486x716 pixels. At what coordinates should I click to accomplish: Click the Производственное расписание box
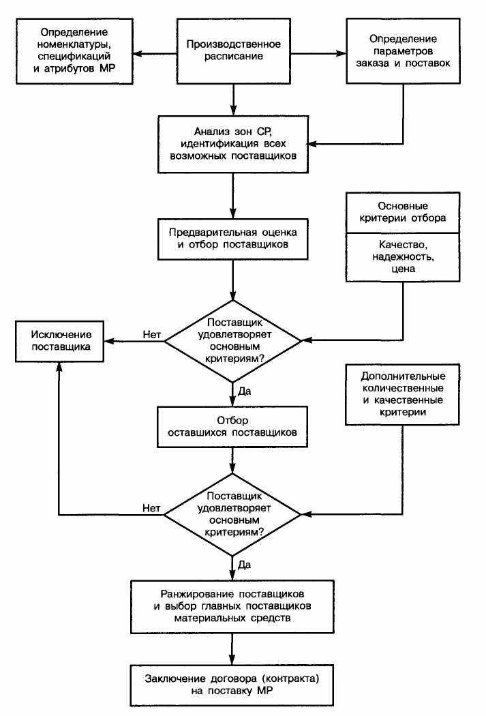[233, 50]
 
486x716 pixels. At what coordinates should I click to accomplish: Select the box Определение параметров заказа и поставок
[403, 50]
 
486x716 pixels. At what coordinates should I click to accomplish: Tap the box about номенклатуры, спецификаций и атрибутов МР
[74, 50]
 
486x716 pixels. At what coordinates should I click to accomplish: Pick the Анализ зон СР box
[232, 144]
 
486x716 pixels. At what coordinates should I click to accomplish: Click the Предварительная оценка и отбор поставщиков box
[232, 239]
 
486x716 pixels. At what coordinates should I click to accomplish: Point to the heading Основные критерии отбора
[402, 212]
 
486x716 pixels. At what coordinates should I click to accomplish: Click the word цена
[403, 269]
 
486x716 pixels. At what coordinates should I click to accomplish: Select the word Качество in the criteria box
[402, 245]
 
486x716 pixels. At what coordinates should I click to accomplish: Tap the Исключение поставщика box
[60, 341]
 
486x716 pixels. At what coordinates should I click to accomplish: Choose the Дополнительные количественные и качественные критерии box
[402, 394]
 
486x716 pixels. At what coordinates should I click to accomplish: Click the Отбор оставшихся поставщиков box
[232, 426]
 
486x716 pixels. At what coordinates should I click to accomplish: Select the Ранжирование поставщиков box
[232, 606]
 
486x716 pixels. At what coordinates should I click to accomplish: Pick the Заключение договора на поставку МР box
[232, 685]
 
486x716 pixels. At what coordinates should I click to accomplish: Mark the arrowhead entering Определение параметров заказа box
[341, 53]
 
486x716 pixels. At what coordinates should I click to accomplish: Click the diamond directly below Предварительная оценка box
[232, 341]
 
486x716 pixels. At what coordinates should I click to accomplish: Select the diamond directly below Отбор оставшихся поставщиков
[232, 515]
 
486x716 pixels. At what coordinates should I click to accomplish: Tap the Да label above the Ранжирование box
[244, 565]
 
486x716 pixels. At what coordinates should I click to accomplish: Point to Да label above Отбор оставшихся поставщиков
[244, 391]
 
